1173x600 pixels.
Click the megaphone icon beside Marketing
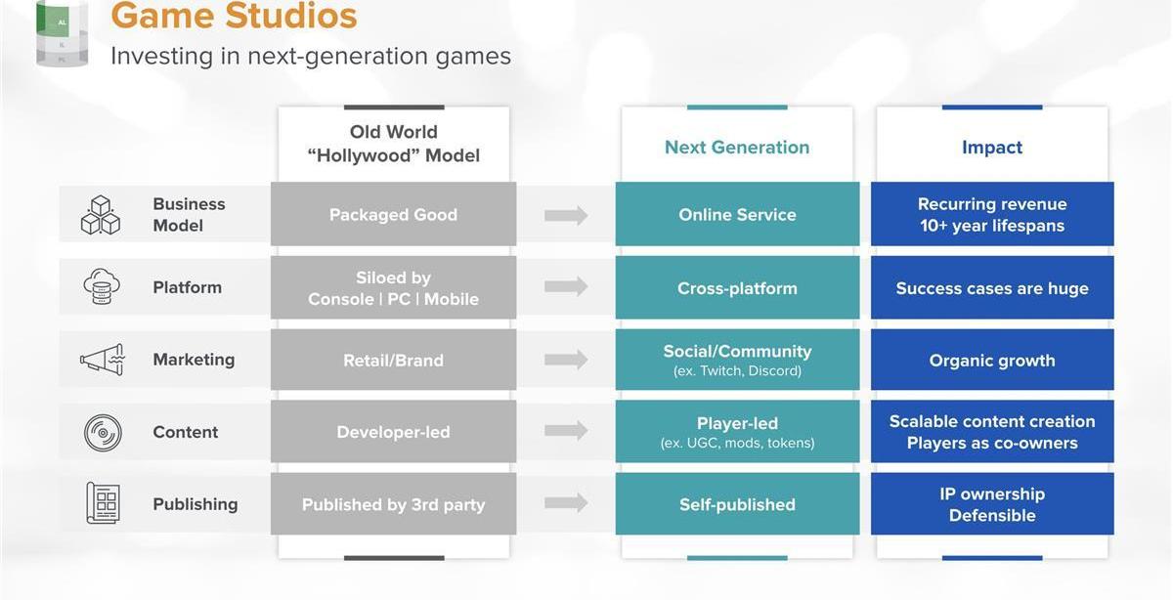point(102,360)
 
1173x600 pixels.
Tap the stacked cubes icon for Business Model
point(101,215)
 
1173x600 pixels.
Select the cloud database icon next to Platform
point(102,286)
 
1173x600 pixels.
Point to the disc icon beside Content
point(103,433)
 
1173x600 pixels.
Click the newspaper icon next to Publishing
point(103,503)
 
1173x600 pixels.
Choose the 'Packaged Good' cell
point(393,214)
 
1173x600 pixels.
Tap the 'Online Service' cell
point(737,214)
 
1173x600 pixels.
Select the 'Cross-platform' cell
point(737,287)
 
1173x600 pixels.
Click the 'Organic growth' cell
point(992,360)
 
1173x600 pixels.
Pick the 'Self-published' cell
point(737,503)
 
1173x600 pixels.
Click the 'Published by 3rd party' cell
point(393,503)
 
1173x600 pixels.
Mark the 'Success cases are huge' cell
point(992,287)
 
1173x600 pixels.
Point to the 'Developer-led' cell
point(393,431)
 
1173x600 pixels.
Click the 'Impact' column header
point(992,148)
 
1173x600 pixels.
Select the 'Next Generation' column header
point(737,148)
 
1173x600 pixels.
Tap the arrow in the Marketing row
point(566,360)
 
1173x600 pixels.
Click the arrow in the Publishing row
point(566,503)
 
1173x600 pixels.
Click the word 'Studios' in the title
point(291,16)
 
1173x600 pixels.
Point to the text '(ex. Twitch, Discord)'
point(737,370)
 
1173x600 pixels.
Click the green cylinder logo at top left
point(62,33)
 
